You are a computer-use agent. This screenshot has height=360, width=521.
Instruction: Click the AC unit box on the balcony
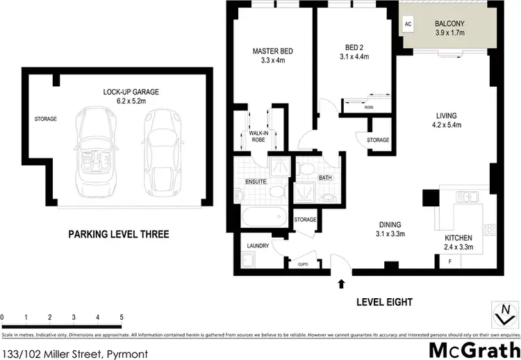[407, 24]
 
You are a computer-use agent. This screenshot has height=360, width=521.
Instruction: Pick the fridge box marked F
[450, 261]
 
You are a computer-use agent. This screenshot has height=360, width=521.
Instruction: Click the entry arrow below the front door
[340, 283]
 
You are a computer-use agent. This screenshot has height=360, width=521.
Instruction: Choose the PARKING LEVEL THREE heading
[118, 234]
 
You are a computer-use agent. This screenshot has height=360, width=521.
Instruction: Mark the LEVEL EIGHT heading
[384, 302]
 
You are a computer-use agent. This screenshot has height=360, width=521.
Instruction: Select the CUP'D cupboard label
[304, 264]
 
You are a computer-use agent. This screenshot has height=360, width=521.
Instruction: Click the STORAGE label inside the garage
[45, 119]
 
